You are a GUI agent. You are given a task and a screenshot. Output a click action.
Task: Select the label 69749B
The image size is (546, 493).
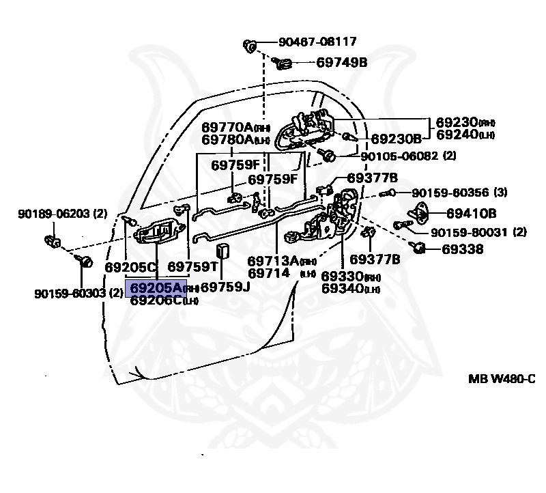(x=342, y=63)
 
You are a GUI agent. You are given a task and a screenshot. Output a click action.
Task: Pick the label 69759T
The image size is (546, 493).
(x=193, y=266)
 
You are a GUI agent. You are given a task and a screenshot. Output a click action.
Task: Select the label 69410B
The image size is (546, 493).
(x=472, y=213)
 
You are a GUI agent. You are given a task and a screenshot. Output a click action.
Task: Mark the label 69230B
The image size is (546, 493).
(x=396, y=139)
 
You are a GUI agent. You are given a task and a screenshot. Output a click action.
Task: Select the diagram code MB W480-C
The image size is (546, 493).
(x=501, y=378)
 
